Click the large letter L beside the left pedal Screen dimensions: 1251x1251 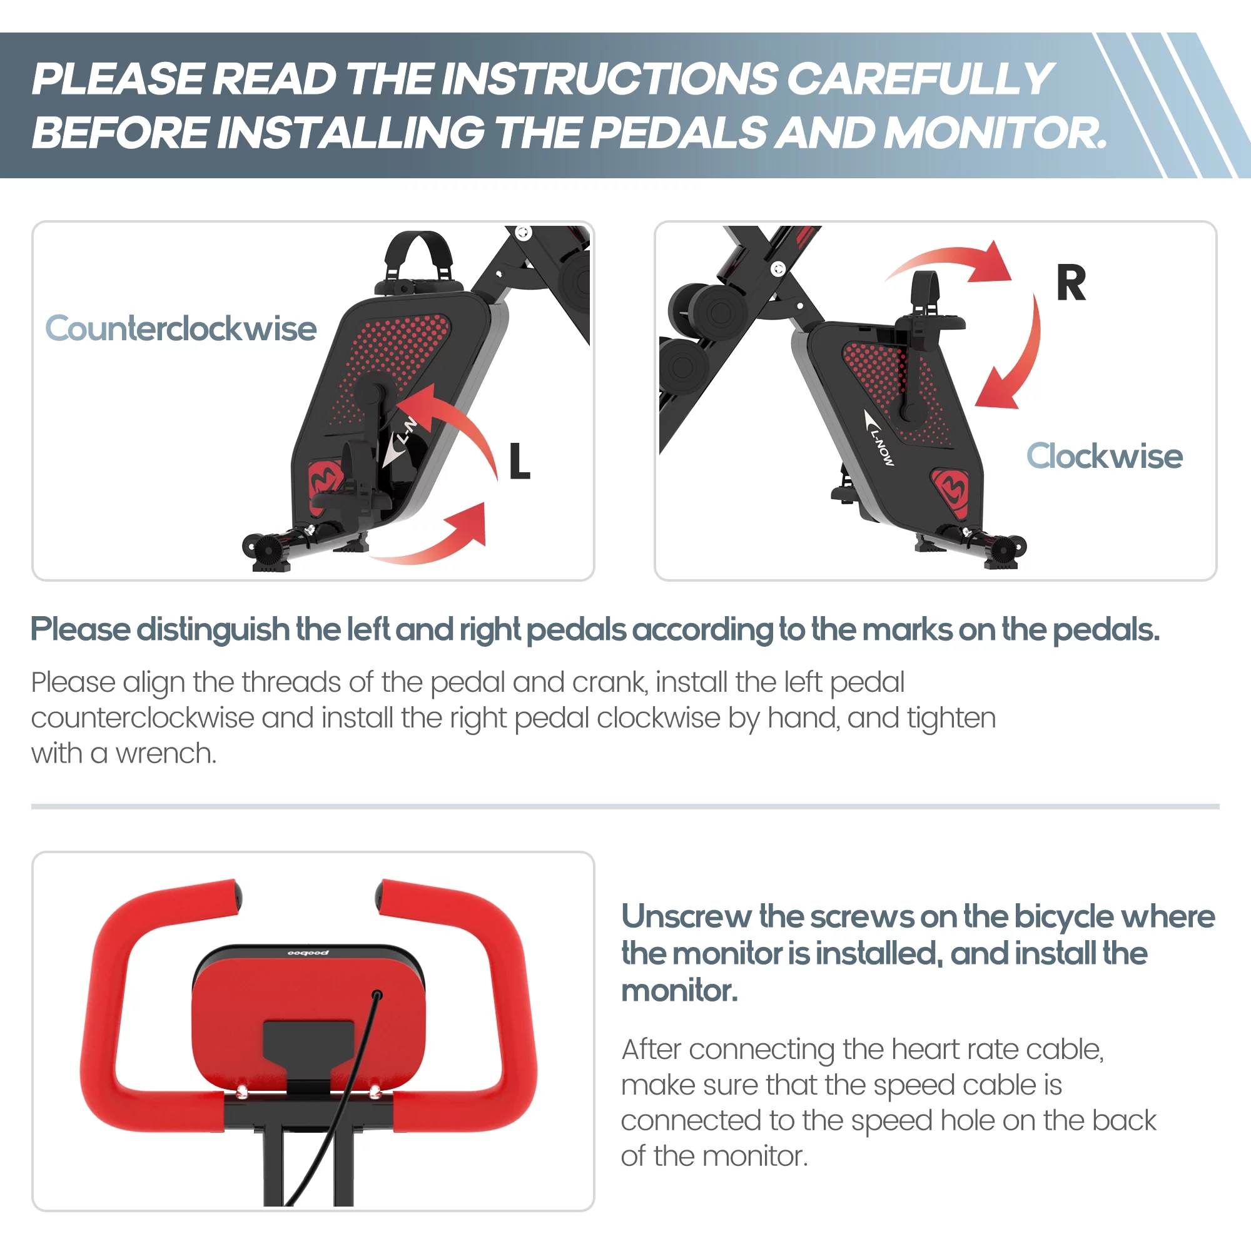point(519,461)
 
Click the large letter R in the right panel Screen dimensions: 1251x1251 point(1071,283)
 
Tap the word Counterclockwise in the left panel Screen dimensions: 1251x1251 point(181,328)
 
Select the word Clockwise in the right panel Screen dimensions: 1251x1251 point(1104,456)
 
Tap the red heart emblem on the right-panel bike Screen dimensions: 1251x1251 point(951,492)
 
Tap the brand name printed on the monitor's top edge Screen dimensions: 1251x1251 point(308,953)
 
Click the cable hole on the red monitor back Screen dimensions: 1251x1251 point(377,995)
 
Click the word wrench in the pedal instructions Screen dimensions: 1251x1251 point(166,754)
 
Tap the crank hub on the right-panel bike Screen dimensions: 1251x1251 point(913,412)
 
